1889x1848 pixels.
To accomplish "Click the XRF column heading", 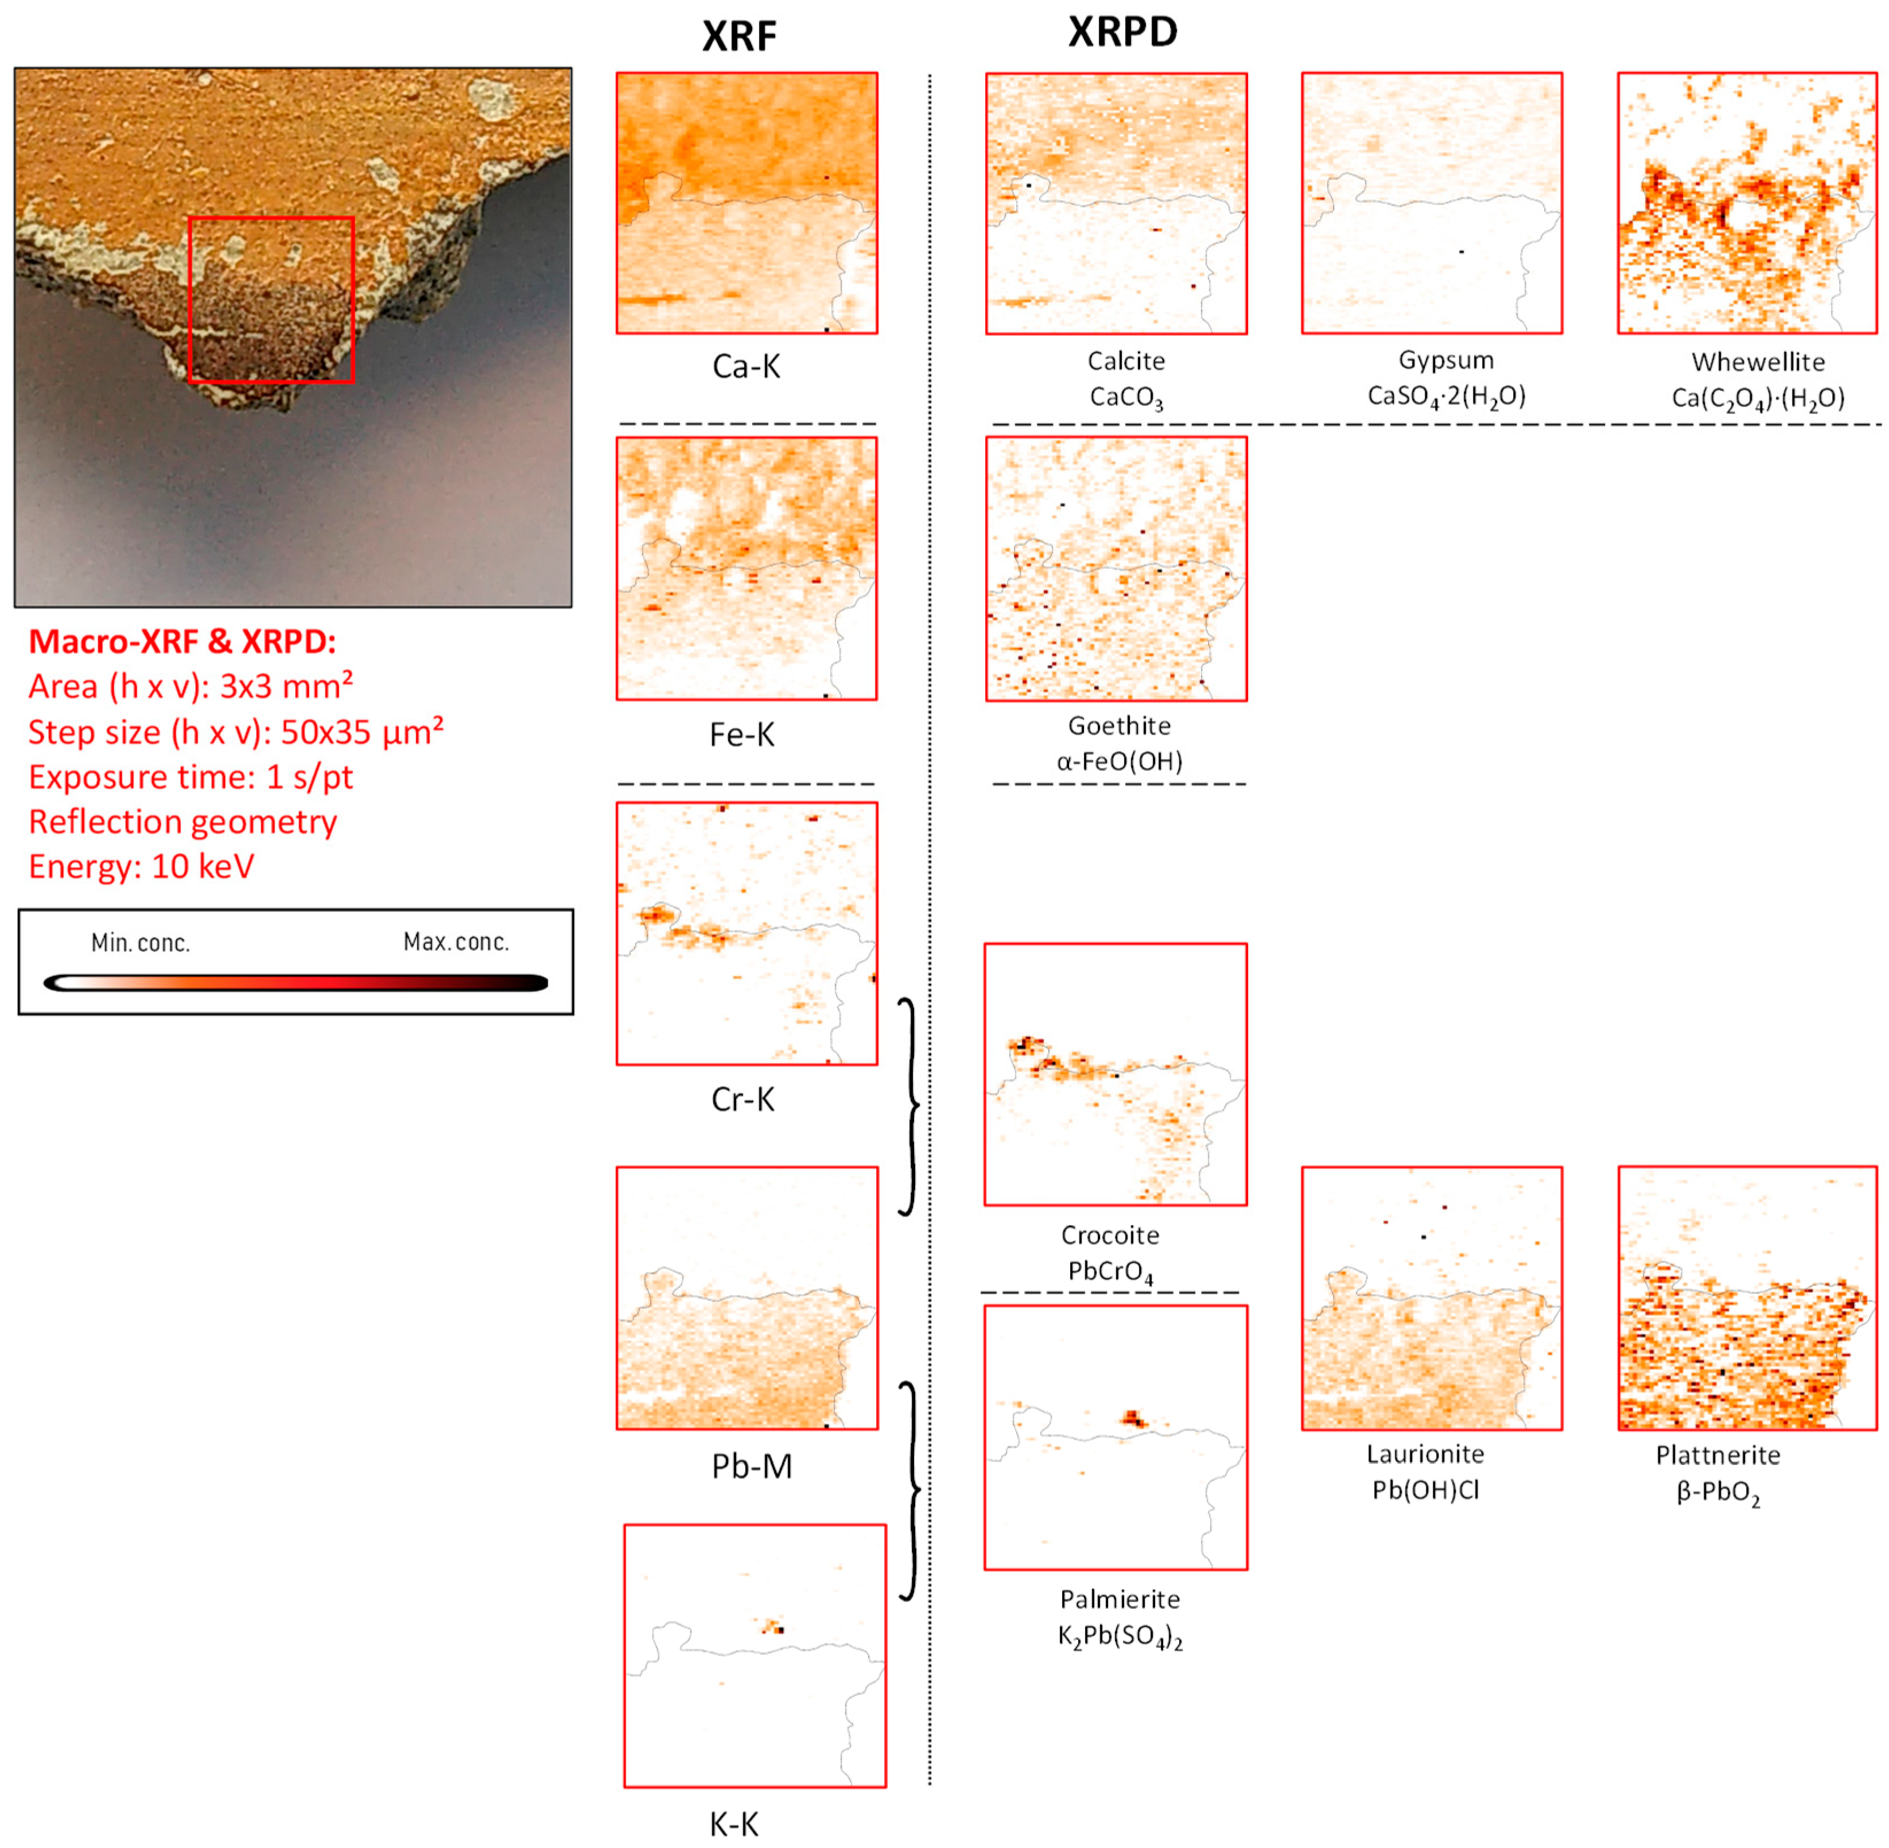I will tap(739, 37).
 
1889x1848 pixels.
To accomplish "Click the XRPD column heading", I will tap(1122, 32).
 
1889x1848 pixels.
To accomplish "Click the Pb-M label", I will tap(751, 1466).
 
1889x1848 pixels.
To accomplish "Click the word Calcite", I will tap(1125, 361).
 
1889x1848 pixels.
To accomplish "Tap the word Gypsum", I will tap(1445, 360).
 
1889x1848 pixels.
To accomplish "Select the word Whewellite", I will tap(1758, 362).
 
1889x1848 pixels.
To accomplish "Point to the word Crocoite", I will tap(1110, 1235).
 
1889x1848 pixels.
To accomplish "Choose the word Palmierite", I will tap(1120, 1599).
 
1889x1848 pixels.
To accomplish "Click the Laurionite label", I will tap(1424, 1454).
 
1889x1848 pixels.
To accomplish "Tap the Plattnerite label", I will tap(1717, 1455).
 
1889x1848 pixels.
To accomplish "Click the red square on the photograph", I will tap(271, 218).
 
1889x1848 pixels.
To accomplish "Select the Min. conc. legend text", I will tap(141, 943).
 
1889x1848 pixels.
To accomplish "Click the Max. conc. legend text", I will tap(456, 942).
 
